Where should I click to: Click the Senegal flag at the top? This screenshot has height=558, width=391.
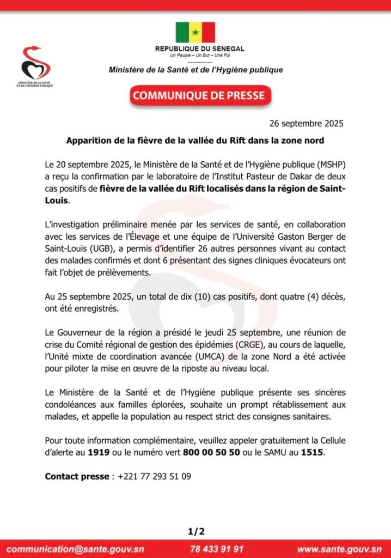[195, 32]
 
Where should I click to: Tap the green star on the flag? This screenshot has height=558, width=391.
[195, 32]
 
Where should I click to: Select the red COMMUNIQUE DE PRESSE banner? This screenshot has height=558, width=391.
[199, 96]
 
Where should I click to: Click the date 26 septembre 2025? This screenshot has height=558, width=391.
[307, 123]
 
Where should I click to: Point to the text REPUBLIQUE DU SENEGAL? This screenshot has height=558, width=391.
[200, 49]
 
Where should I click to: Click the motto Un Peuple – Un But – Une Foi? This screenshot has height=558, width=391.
[199, 56]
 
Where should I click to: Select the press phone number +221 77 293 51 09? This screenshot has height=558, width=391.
[154, 476]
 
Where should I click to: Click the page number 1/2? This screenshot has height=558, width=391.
[195, 531]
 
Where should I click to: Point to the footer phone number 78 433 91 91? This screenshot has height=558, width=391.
[217, 549]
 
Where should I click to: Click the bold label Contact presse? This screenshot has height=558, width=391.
[77, 476]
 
